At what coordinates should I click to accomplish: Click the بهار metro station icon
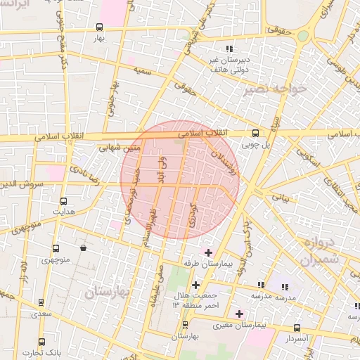99,27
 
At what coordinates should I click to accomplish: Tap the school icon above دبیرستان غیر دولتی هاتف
229,49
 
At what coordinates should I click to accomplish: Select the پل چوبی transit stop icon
255,132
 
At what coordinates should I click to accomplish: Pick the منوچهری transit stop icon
56,249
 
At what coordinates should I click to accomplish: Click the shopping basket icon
84,248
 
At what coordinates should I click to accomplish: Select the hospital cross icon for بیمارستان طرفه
209,252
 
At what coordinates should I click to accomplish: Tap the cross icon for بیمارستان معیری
240,313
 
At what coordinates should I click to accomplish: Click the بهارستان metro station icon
185,325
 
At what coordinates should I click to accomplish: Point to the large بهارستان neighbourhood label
109,293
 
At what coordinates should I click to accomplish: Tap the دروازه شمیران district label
322,252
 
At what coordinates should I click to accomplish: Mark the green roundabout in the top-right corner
303,35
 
